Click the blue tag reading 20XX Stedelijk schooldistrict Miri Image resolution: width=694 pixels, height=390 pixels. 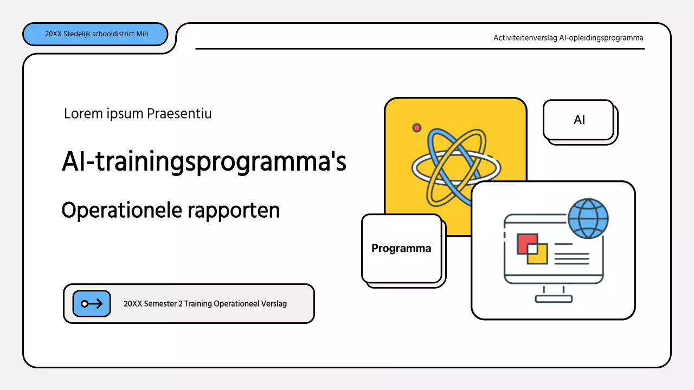[95, 34]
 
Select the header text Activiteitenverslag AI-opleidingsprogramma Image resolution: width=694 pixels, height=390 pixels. [568, 38]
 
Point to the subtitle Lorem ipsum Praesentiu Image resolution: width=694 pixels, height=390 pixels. [138, 114]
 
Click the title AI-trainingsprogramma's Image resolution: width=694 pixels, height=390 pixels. [204, 161]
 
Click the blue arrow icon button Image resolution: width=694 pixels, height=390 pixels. [92, 304]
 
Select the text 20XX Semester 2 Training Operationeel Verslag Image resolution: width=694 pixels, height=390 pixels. [205, 304]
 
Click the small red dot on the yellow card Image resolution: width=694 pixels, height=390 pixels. [417, 128]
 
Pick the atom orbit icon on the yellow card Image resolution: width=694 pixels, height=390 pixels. [455, 167]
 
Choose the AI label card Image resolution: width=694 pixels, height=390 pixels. [579, 120]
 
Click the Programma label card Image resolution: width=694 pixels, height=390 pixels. [401, 249]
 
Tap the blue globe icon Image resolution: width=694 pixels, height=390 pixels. [588, 219]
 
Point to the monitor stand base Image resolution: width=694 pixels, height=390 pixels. [553, 298]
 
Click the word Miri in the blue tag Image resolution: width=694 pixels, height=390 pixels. [143, 34]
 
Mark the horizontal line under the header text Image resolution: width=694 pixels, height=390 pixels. [420, 49]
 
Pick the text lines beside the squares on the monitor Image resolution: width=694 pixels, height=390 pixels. [571, 253]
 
